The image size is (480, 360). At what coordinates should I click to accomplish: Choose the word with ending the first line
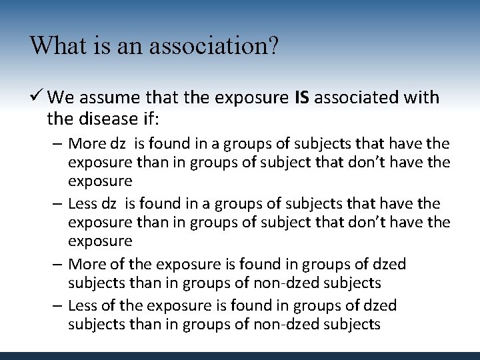[423, 98]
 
